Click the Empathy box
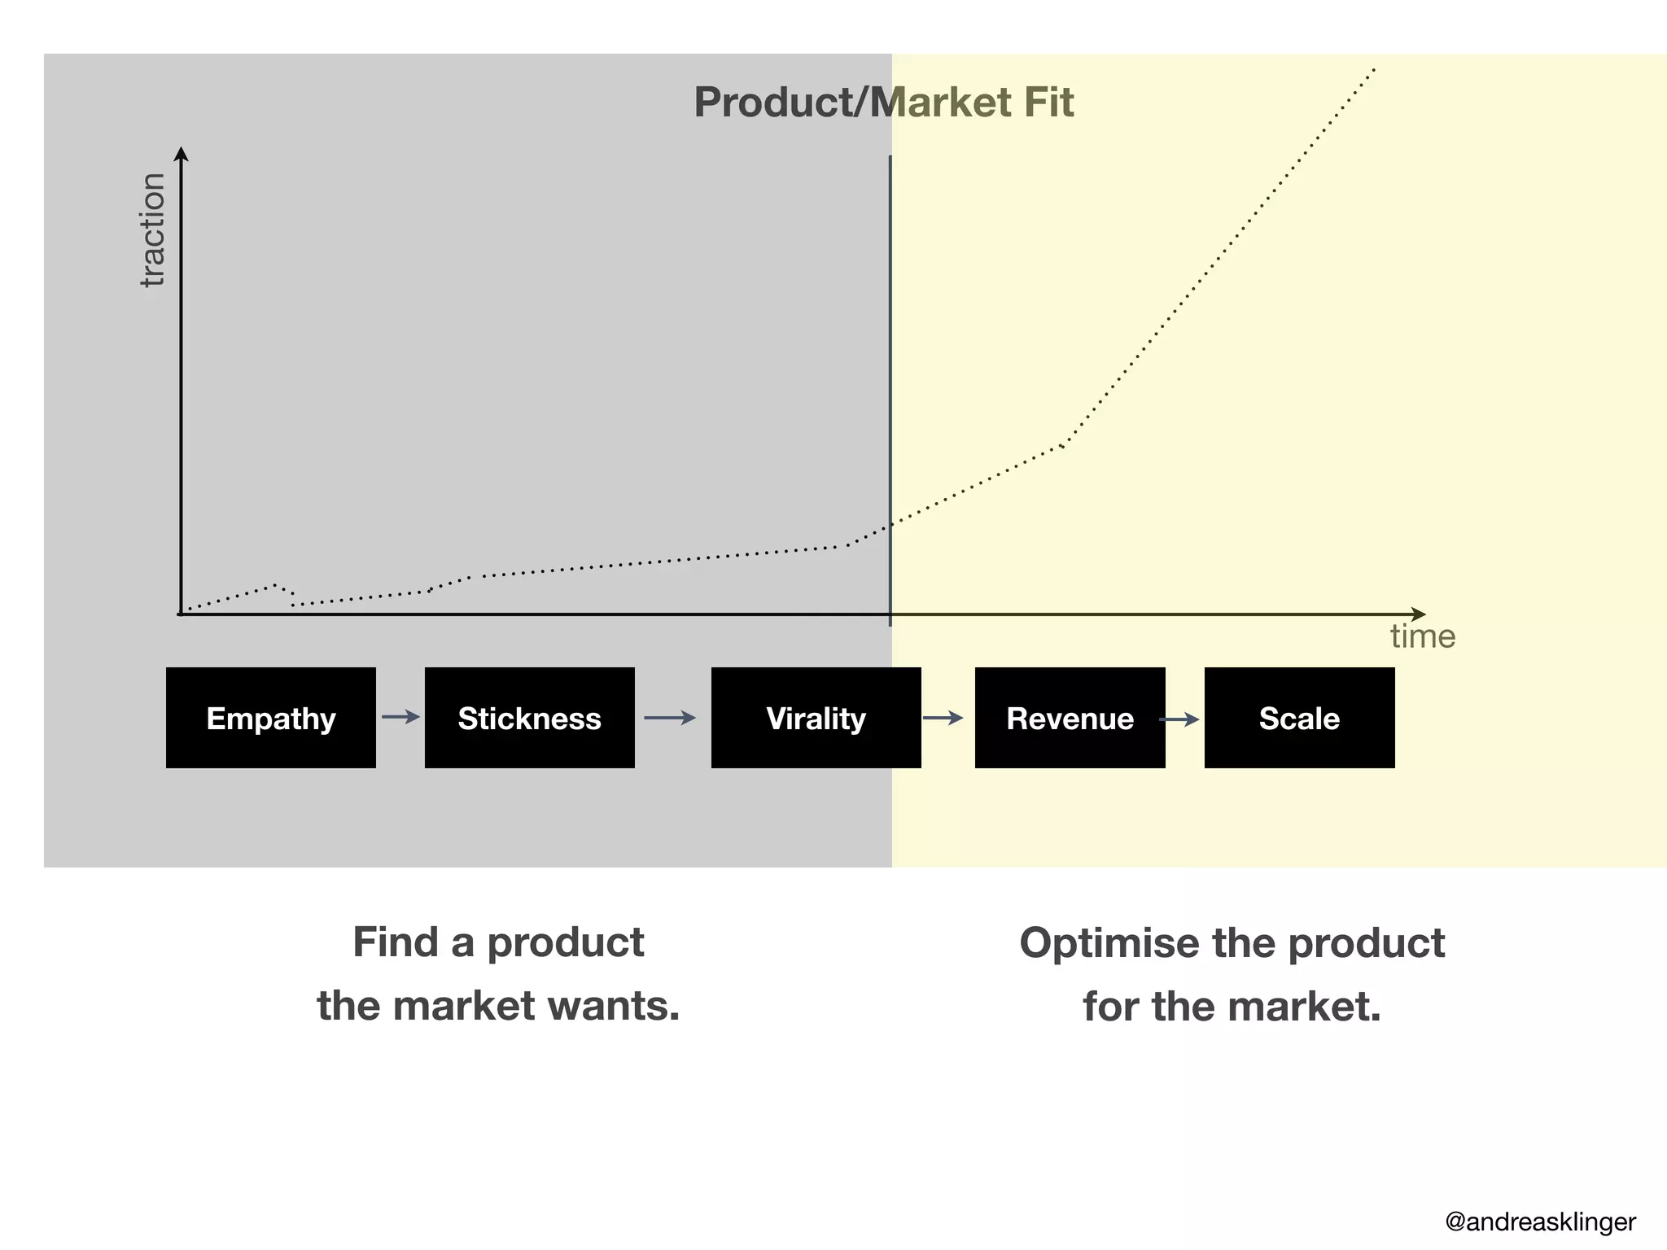pyautogui.click(x=271, y=718)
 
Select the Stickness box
pyautogui.click(x=529, y=718)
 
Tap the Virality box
pyautogui.click(x=816, y=718)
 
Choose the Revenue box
pyautogui.click(x=1070, y=718)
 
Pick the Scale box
pyautogui.click(x=1299, y=718)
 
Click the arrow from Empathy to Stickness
pyautogui.click(x=400, y=717)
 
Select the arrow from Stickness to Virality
pyautogui.click(x=669, y=718)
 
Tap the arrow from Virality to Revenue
pyautogui.click(x=943, y=718)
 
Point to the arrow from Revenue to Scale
pyautogui.click(x=1179, y=719)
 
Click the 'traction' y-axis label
pyautogui.click(x=152, y=230)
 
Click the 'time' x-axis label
pyautogui.click(x=1422, y=636)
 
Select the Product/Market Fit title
pyautogui.click(x=883, y=103)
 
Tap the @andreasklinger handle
pyautogui.click(x=1540, y=1222)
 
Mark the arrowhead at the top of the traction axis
pyautogui.click(x=182, y=154)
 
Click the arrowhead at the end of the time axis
pyautogui.click(x=1418, y=614)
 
